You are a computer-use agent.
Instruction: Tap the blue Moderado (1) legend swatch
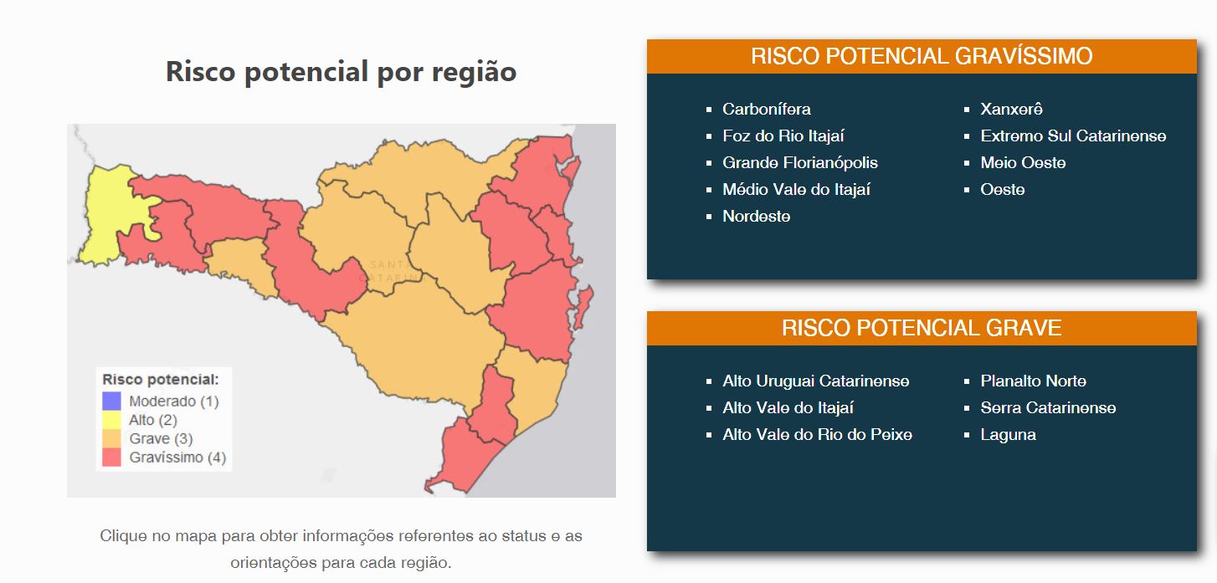click(111, 401)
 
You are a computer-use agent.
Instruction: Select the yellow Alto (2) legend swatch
click(111, 420)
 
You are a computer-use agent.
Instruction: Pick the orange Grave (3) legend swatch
click(111, 438)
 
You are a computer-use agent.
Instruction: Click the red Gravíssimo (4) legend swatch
click(111, 457)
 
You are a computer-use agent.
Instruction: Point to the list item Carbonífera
click(766, 109)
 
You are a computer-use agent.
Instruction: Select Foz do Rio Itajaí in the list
click(783, 136)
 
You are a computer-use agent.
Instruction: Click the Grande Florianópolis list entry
click(799, 163)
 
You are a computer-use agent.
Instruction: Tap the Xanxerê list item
click(1011, 109)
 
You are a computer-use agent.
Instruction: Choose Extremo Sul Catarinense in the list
click(1073, 136)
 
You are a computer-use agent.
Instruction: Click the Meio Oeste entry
click(1023, 163)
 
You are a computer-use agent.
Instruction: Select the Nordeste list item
click(757, 216)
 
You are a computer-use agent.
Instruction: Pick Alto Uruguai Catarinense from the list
click(815, 381)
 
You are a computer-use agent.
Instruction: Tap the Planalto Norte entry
click(1033, 381)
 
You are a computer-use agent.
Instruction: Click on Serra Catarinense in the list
click(1048, 407)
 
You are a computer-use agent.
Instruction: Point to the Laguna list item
click(1008, 435)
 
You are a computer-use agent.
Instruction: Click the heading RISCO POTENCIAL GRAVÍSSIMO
click(922, 56)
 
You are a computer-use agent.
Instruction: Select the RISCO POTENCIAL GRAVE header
click(922, 328)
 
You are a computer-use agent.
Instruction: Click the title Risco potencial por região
click(341, 72)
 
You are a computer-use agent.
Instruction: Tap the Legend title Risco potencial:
click(160, 380)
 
